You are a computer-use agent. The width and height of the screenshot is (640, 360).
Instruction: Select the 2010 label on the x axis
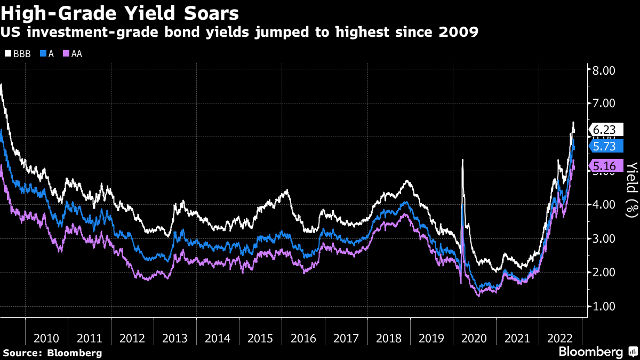tap(46, 338)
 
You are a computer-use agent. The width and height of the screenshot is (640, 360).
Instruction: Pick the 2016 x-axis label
tap(303, 338)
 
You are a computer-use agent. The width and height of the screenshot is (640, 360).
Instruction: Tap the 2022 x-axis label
tap(559, 338)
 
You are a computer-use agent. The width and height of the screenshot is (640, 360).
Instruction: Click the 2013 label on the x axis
tap(175, 338)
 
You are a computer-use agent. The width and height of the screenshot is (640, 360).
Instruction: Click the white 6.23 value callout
tap(604, 130)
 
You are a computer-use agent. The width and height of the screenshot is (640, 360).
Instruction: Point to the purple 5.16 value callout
tap(604, 166)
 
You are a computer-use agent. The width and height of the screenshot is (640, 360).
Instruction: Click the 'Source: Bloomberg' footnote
tap(52, 353)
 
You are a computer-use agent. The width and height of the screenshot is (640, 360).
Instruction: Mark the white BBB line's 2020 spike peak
tap(462, 160)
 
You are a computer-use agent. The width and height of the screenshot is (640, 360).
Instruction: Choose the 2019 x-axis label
tap(431, 338)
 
